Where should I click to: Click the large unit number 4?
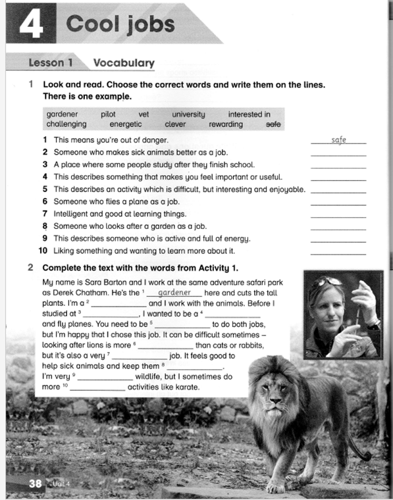(30, 24)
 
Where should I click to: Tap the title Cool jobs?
(120, 24)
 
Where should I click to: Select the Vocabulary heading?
(124, 63)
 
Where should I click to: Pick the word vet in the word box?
(144, 114)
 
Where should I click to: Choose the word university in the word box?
(188, 114)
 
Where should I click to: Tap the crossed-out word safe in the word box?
(273, 124)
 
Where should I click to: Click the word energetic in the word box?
(129, 124)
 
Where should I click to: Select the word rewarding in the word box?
(226, 124)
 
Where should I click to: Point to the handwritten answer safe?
(338, 140)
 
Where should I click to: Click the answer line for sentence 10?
(338, 252)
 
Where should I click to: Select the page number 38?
(36, 484)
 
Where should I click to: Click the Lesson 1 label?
(51, 63)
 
